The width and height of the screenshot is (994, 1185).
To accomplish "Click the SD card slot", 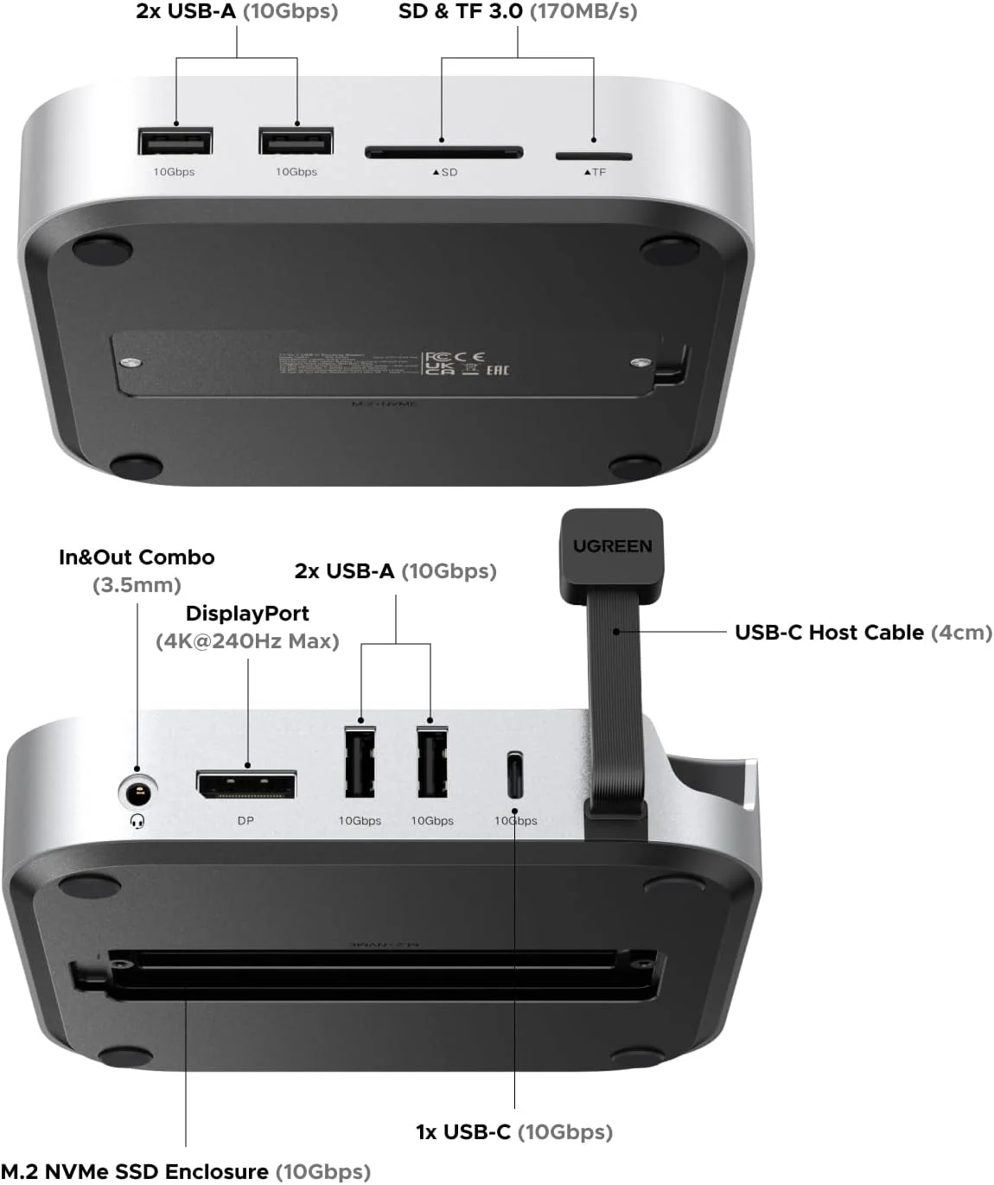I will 443,153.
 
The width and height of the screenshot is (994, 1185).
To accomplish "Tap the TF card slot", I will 593,156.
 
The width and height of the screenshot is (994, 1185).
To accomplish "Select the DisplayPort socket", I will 246,786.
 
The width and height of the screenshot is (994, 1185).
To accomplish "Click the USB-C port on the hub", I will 514,775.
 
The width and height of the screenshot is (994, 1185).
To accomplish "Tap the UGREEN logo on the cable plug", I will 612,546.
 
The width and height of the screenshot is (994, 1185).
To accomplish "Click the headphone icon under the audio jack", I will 137,820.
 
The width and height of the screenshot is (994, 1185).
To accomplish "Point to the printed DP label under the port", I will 245,820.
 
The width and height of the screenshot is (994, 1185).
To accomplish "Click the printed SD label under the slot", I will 445,172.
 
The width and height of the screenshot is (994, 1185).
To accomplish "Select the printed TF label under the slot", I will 595,172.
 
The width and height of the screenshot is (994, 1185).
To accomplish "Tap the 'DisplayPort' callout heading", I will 247,614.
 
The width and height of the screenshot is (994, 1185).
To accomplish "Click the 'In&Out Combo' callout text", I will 137,557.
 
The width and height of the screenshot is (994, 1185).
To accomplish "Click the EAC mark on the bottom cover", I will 497,370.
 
